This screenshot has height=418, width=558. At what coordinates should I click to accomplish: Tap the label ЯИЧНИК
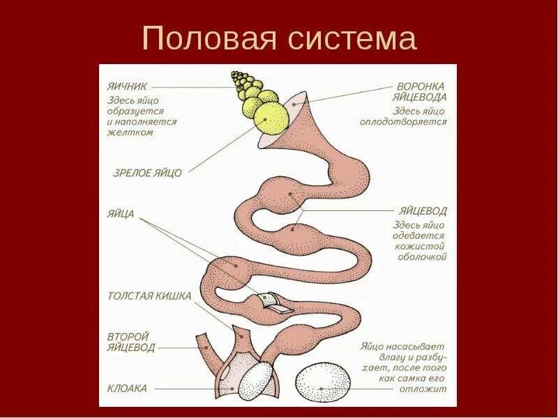[x=128, y=88]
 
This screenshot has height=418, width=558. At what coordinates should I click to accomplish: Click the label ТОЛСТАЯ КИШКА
[x=149, y=295]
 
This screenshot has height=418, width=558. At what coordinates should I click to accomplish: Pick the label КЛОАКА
[x=127, y=389]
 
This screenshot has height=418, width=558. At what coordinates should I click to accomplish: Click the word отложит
[x=425, y=389]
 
